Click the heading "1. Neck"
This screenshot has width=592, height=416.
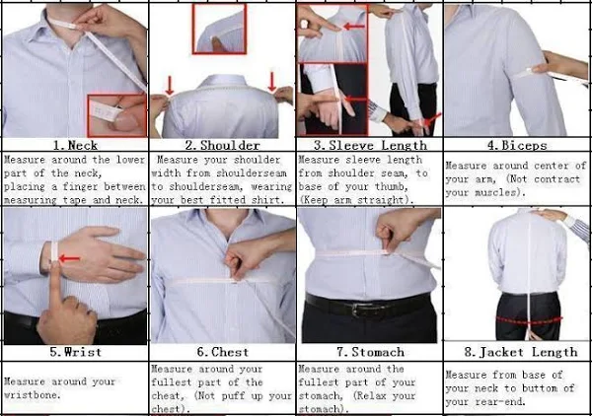pyautogui.click(x=75, y=145)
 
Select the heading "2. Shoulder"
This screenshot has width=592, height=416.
pyautogui.click(x=222, y=145)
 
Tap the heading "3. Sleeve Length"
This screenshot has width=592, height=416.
pyautogui.click(x=370, y=145)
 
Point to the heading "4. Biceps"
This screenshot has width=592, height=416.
pyautogui.click(x=517, y=145)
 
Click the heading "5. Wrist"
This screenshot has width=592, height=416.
pyautogui.click(x=76, y=352)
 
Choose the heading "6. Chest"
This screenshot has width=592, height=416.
pyautogui.click(x=223, y=352)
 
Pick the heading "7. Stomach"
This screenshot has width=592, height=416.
pyautogui.click(x=370, y=352)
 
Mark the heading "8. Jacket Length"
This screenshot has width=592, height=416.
pyautogui.click(x=521, y=352)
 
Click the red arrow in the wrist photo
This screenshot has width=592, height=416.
pyautogui.click(x=69, y=258)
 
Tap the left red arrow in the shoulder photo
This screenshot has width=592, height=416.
pyautogui.click(x=170, y=86)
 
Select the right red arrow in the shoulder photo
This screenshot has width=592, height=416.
pyautogui.click(x=272, y=82)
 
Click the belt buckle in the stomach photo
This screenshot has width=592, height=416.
pyautogui.click(x=357, y=310)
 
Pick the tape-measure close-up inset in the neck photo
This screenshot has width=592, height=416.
pyautogui.click(x=117, y=115)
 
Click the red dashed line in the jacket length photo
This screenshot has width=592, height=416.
pyautogui.click(x=529, y=321)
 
